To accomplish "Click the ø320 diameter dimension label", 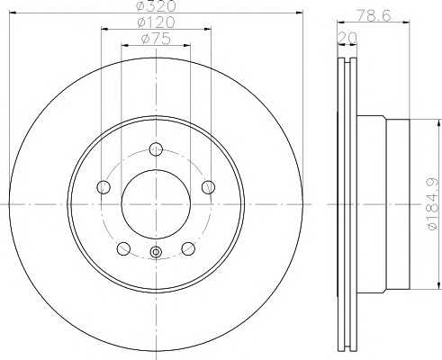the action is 156,5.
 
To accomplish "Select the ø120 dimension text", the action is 156,22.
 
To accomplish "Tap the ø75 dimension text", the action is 156,39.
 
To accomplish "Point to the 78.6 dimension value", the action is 374,15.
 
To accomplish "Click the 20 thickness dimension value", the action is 347,38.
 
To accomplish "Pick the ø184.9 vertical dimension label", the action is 432,203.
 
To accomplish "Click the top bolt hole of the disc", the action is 156,149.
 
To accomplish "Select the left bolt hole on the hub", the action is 104,187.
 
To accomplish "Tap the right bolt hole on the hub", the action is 208,187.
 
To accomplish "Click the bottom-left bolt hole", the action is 123,248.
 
